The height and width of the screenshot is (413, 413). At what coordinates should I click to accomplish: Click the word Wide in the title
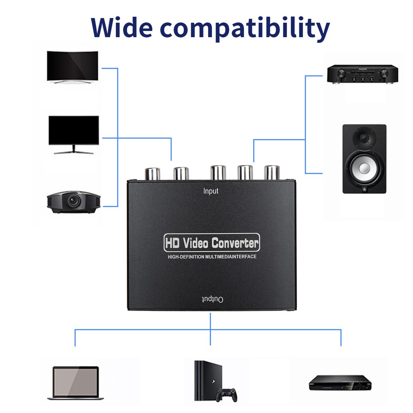122,27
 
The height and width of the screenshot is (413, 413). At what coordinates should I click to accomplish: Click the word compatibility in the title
244,29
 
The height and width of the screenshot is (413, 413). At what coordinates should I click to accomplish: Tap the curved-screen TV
72,67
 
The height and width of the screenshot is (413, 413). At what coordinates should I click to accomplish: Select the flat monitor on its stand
74,135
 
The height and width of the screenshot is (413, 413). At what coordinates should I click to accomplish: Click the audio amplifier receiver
363,74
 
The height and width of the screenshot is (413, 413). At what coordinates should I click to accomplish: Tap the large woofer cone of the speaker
364,168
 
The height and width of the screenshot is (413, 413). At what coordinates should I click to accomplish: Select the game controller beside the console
226,394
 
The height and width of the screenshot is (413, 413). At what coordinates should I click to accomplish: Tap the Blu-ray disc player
340,383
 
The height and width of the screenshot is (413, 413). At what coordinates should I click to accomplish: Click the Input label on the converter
211,191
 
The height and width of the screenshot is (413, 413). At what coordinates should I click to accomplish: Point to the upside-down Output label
213,299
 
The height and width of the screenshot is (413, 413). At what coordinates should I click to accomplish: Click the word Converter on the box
235,243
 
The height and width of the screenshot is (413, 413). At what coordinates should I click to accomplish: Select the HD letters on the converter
172,243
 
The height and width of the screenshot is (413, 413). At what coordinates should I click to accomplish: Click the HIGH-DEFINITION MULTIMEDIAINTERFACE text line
212,256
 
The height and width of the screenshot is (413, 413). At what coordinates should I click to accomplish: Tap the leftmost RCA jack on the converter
152,174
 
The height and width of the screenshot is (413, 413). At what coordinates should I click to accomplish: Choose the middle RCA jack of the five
218,173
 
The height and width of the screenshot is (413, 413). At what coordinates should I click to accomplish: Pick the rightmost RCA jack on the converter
272,173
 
